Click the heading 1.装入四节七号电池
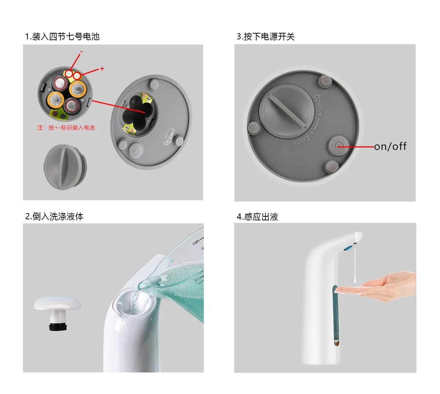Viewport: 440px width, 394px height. coord(62,36)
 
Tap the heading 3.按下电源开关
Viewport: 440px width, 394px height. coord(265,36)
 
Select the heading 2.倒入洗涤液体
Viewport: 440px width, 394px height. coord(54,216)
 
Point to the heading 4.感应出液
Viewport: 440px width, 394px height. coord(257,217)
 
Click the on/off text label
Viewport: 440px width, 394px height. coord(390,147)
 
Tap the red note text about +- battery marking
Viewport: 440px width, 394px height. coord(66,128)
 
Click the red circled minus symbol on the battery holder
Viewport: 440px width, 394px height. coord(69,73)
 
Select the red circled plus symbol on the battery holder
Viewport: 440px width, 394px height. coord(77,76)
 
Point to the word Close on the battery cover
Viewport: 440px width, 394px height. coord(301,140)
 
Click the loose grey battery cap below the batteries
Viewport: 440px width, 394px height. coord(65,167)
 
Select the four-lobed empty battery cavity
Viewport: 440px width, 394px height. coord(136,112)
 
